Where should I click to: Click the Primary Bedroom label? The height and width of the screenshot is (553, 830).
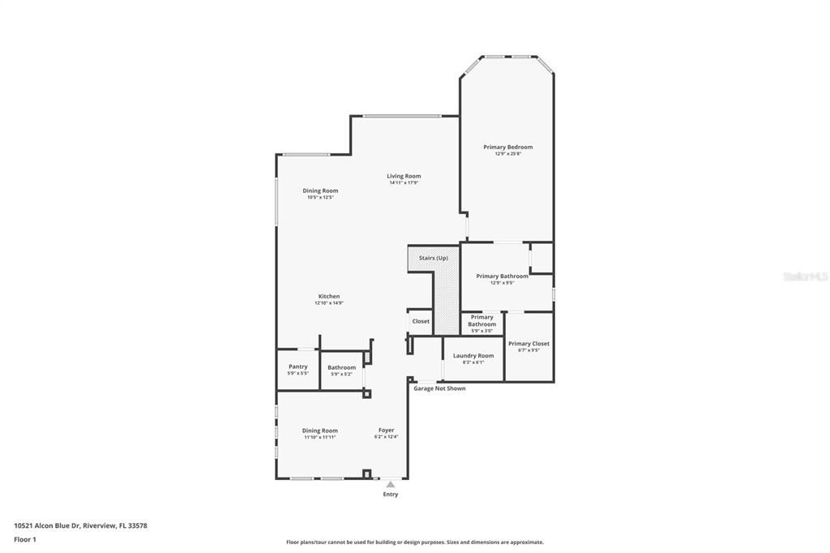click(x=507, y=147)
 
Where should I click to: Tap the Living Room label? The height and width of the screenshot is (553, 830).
click(x=403, y=176)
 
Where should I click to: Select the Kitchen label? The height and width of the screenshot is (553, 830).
click(x=328, y=296)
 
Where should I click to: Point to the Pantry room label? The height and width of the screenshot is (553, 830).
click(x=297, y=367)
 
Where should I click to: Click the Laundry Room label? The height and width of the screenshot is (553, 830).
click(x=473, y=356)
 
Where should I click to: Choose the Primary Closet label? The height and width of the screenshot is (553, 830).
click(x=528, y=344)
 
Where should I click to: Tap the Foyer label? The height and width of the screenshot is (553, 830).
click(x=386, y=430)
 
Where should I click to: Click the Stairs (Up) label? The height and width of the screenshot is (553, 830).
click(x=433, y=258)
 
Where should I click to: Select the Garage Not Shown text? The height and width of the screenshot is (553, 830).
click(x=439, y=388)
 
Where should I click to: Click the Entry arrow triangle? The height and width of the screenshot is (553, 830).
click(x=390, y=484)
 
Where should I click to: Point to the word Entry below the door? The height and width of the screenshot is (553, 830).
click(x=390, y=494)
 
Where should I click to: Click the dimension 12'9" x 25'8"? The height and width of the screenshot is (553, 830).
click(x=507, y=154)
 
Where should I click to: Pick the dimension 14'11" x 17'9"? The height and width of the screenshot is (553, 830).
click(x=403, y=182)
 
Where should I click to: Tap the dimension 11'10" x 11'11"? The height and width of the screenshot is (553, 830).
click(x=319, y=437)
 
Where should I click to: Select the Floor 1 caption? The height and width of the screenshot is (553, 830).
click(x=25, y=539)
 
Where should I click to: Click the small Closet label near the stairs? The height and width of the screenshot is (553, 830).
click(x=421, y=321)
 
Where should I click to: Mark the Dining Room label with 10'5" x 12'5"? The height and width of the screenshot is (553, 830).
click(x=320, y=191)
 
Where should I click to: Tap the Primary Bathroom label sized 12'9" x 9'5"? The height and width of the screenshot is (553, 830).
click(x=502, y=276)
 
